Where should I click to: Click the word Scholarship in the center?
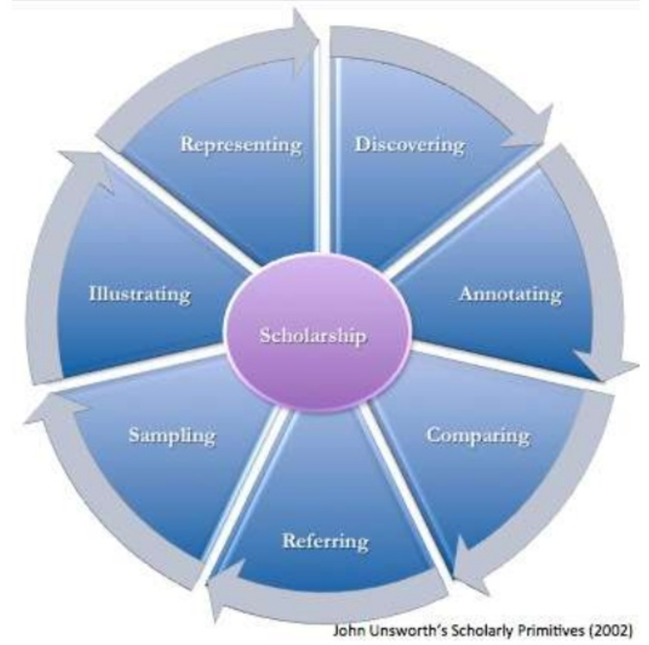click(x=312, y=336)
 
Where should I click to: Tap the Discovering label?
click(x=409, y=145)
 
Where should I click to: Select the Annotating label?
click(x=509, y=295)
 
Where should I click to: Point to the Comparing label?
click(x=477, y=435)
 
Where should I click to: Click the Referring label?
click(x=325, y=542)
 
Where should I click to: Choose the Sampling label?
click(x=172, y=435)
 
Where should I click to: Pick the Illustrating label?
click(x=139, y=295)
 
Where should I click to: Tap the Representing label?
click(x=241, y=145)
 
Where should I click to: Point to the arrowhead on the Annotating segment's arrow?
click(x=608, y=366)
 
